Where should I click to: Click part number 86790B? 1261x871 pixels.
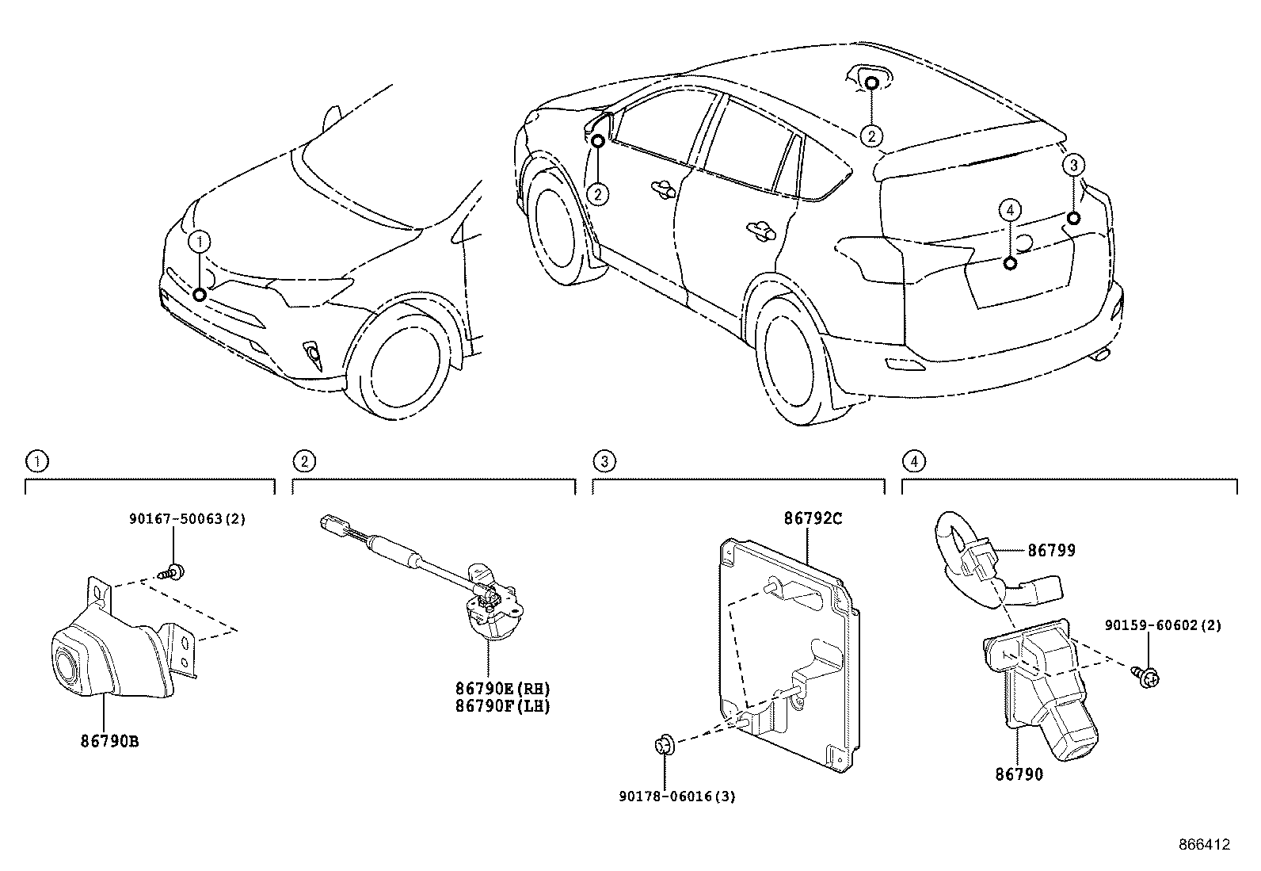point(110,741)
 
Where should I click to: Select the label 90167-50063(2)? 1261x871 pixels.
point(188,519)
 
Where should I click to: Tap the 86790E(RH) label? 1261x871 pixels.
point(503,689)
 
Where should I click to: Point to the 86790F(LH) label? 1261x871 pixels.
point(503,706)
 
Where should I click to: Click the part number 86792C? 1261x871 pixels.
point(813,518)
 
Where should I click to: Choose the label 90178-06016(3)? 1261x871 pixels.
point(677,797)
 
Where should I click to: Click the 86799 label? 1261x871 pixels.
point(1052,551)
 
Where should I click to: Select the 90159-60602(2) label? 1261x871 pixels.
point(1163,625)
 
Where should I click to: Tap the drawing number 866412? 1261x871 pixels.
point(1205,845)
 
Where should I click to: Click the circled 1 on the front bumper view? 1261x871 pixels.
point(200,242)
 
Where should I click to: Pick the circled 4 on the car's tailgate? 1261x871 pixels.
point(1010,210)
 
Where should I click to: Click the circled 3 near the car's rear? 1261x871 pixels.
point(1073,165)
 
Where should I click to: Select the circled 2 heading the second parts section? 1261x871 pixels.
point(304,462)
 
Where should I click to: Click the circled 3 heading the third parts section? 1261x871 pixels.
point(604,462)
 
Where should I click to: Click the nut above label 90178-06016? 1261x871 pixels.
point(665,745)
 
